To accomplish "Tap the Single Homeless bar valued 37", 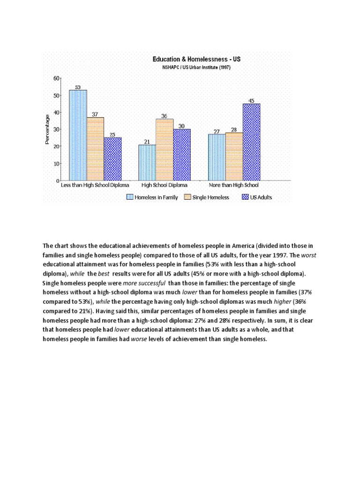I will tap(96, 149).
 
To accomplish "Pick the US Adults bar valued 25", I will tap(112, 159).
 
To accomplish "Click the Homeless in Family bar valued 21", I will tap(147, 162).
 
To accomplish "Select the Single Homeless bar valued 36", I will tap(165, 150).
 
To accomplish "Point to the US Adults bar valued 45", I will tap(251, 142).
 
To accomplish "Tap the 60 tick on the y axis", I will tap(56, 78).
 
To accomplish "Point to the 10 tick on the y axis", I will tap(56, 164).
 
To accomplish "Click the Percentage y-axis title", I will tap(47, 130).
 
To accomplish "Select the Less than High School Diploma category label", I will tap(95, 186).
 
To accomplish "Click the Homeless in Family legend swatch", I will tap(129, 197).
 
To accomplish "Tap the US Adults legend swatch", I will tap(245, 197).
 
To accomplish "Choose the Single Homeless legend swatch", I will tap(187, 197).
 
